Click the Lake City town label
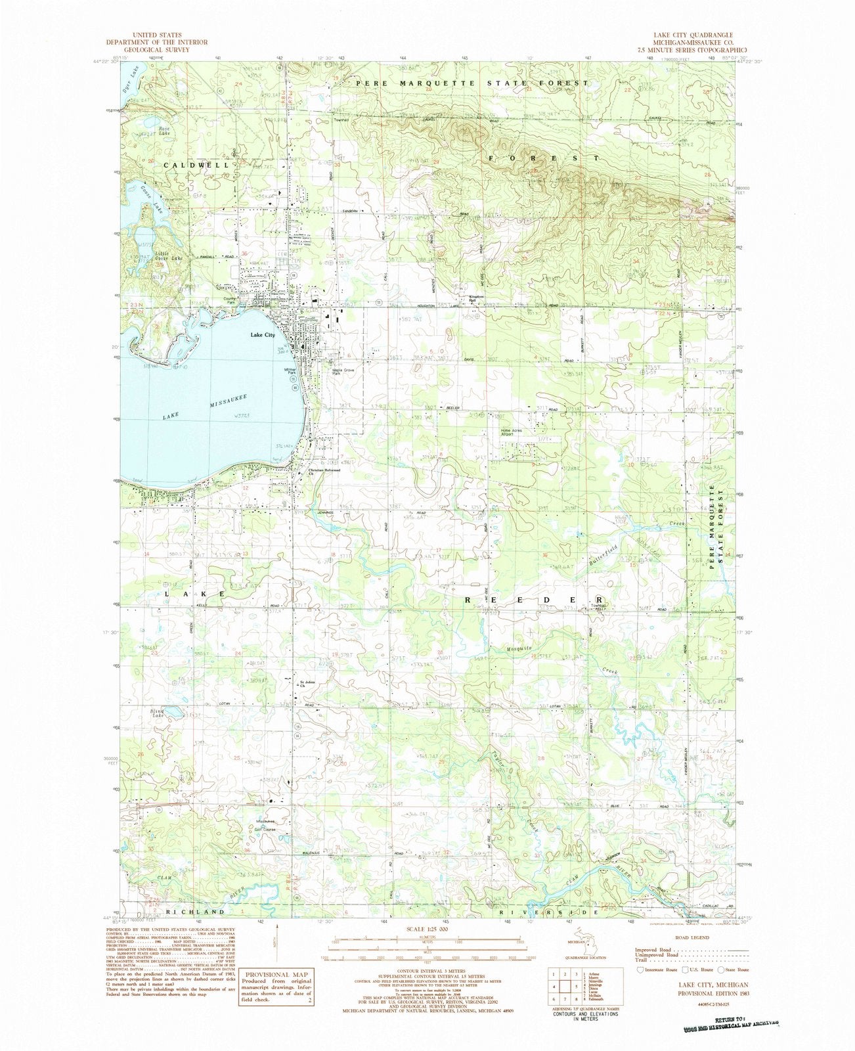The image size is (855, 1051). [261, 335]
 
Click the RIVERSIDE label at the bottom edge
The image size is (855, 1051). [549, 913]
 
